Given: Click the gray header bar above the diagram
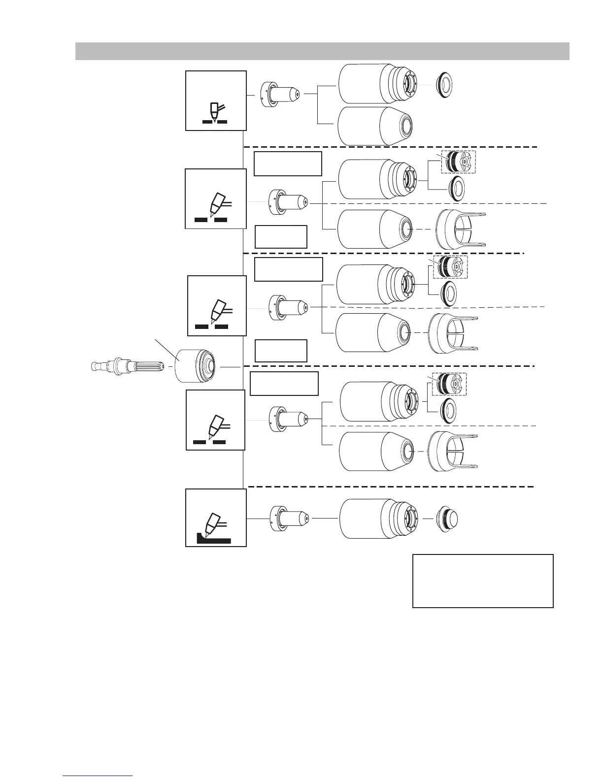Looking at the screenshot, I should [x=322, y=51].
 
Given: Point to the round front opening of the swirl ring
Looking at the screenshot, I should [x=210, y=366].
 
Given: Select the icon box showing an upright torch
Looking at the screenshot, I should [x=216, y=100].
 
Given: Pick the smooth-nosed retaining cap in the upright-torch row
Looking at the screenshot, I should [x=375, y=126].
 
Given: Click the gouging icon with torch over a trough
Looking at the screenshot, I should [x=216, y=518].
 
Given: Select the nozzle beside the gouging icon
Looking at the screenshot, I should [x=290, y=518].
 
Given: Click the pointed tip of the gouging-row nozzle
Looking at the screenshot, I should [x=307, y=518].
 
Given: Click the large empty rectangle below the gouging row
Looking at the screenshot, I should [x=483, y=581].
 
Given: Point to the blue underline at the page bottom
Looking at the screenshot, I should [x=98, y=776].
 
